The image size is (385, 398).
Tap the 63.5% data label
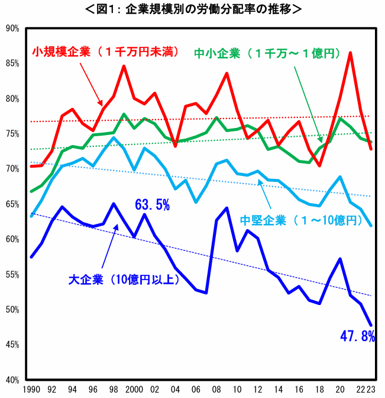coord(153,206)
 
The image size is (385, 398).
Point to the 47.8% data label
coord(357,336)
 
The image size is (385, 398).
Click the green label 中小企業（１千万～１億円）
coord(267,53)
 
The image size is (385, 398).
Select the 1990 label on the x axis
coord(31,390)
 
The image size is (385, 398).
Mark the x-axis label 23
coord(371,390)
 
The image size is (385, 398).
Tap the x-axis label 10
coord(237,390)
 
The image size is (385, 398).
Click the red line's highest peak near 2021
coord(351,53)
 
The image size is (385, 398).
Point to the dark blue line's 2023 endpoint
coord(371,325)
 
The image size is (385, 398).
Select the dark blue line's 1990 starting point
coord(31,257)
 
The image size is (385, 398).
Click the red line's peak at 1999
coord(124,66)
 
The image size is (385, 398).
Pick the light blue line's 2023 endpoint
coord(371,226)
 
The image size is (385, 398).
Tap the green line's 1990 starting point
coord(31,192)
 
